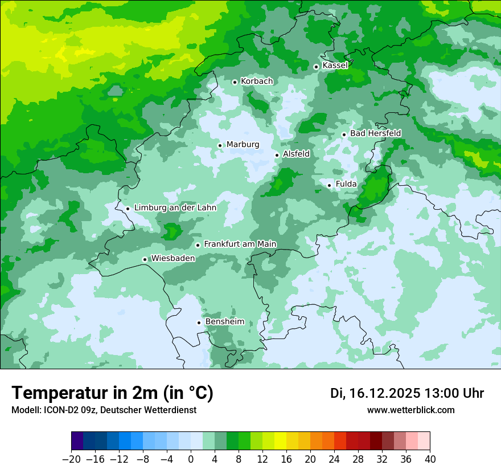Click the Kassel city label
[335, 66]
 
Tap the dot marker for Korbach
[235, 82]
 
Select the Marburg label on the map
[243, 145]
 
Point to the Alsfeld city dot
[277, 155]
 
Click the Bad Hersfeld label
[375, 133]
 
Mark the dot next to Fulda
[329, 185]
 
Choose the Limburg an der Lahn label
[175, 208]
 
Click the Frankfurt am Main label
[240, 244]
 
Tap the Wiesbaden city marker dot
[145, 259]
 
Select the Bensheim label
[224, 322]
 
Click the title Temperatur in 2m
[112, 393]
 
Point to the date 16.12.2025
[385, 393]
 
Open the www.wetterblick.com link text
[410, 410]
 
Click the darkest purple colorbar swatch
[77, 442]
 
